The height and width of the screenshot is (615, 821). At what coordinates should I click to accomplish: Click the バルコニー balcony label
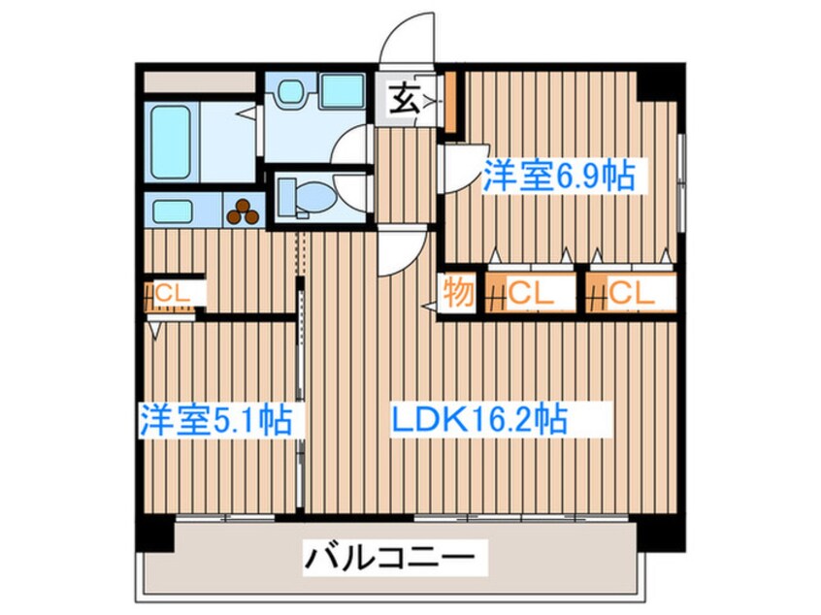tap(391, 558)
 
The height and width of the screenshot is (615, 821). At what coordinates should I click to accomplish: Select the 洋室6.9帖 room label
tap(559, 177)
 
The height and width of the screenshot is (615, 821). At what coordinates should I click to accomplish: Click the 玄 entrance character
tap(405, 98)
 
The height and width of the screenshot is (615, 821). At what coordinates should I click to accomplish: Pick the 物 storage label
tap(458, 292)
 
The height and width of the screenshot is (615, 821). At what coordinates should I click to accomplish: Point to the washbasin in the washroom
tap(290, 92)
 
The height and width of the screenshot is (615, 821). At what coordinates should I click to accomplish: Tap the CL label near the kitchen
tap(175, 290)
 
